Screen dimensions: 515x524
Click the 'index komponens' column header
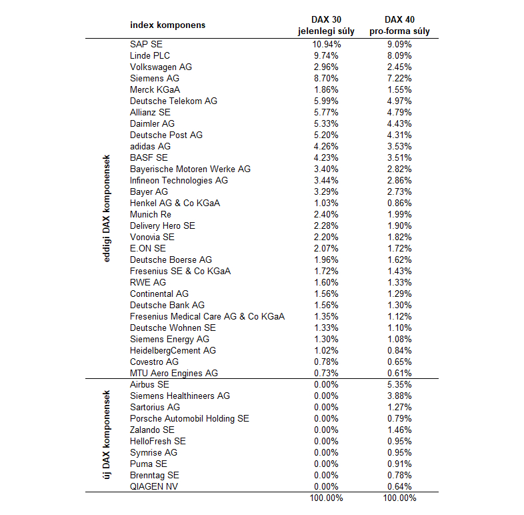click(167, 25)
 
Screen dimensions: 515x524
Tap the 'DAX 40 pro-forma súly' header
click(399, 25)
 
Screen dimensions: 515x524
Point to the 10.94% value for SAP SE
click(327, 44)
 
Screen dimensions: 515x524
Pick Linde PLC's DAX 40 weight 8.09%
click(399, 55)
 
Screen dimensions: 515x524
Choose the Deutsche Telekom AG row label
click(173, 101)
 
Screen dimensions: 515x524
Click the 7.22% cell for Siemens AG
click(399, 78)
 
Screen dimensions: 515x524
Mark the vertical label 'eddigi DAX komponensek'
click(107, 208)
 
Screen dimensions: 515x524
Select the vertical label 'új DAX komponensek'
click(107, 435)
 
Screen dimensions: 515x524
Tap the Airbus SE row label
click(149, 384)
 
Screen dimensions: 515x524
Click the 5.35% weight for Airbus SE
click(399, 384)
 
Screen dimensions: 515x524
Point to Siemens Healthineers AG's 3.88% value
click(399, 396)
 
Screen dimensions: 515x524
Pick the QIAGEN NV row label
click(155, 486)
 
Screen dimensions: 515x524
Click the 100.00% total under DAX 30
click(327, 498)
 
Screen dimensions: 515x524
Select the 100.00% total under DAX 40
click(399, 498)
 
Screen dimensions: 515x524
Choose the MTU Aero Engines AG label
click(174, 373)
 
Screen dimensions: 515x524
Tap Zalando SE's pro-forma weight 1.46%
click(399, 430)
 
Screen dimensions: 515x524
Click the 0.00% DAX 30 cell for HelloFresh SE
click(327, 441)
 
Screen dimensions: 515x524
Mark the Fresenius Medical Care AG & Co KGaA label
click(207, 316)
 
